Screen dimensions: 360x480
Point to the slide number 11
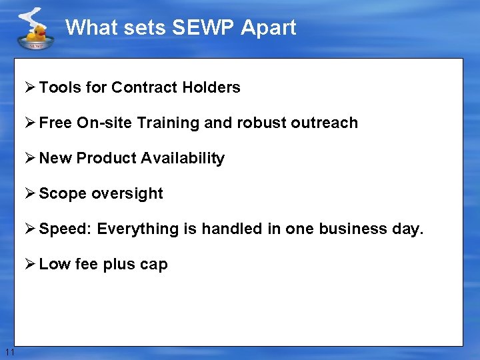click(9, 351)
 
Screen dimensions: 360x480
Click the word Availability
click(184, 158)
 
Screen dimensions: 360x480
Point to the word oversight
click(127, 193)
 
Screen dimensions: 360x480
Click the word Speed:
click(65, 229)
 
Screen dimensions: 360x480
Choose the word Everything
click(138, 229)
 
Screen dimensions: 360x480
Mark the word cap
click(154, 264)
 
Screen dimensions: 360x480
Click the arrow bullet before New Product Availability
click(30, 158)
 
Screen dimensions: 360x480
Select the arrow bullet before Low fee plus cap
click(30, 264)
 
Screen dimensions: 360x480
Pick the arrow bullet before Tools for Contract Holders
click(30, 87)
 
